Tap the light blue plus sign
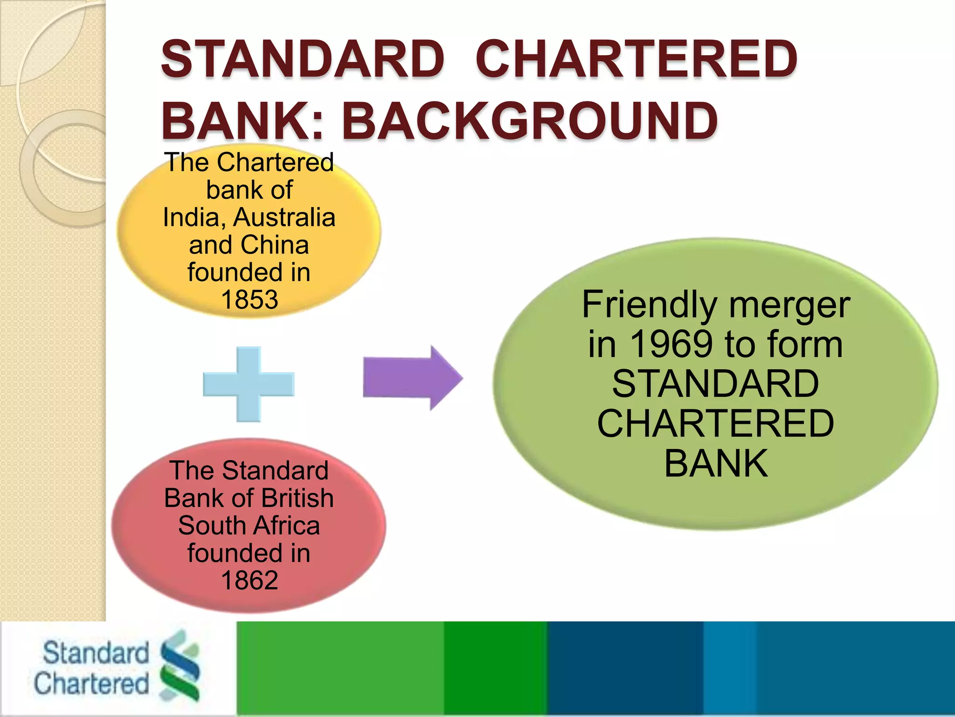[x=249, y=384]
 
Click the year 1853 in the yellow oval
[x=249, y=299]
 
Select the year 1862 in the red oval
[x=249, y=580]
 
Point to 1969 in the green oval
[x=671, y=344]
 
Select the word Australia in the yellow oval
[x=284, y=217]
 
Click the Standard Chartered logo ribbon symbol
[x=180, y=666]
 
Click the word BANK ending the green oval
[x=716, y=463]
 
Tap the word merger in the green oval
[x=789, y=304]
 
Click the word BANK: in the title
[x=242, y=121]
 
